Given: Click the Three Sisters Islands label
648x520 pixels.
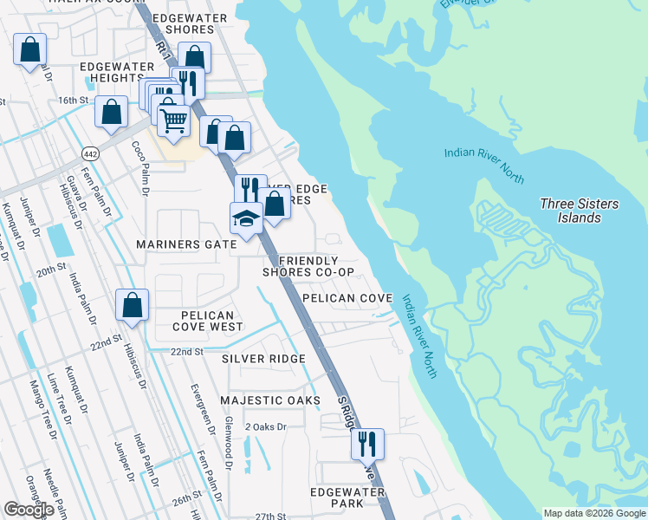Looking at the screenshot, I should pyautogui.click(x=579, y=211).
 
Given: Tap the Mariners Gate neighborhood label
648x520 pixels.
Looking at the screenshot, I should pyautogui.click(x=186, y=245).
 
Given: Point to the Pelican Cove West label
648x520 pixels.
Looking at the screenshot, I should pyautogui.click(x=196, y=321).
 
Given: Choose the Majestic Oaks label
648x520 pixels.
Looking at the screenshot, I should pyautogui.click(x=264, y=400).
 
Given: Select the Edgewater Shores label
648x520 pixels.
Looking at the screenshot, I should pyautogui.click(x=189, y=23).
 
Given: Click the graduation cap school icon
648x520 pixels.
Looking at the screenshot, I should pyautogui.click(x=246, y=218).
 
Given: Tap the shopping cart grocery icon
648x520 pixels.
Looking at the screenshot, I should pyautogui.click(x=174, y=121).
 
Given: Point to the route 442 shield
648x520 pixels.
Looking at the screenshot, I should pyautogui.click(x=89, y=153).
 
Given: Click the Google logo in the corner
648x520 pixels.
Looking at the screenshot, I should pyautogui.click(x=29, y=510).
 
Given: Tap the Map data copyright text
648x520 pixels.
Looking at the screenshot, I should pyautogui.click(x=593, y=513).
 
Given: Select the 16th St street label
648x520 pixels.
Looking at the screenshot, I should pyautogui.click(x=74, y=101).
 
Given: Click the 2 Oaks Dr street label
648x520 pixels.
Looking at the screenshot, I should pyautogui.click(x=265, y=427).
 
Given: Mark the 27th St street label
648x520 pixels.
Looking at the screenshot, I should pyautogui.click(x=270, y=517).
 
